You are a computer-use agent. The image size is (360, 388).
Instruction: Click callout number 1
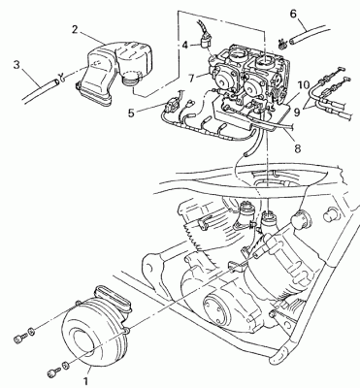[x=85, y=381]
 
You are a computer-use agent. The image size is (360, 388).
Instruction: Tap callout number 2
[x=75, y=29]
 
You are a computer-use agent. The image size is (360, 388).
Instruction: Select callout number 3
[x=16, y=64]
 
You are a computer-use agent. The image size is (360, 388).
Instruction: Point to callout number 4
[x=184, y=45]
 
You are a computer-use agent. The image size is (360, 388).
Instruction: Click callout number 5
[x=131, y=113]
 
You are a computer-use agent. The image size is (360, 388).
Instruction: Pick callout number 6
[x=293, y=14]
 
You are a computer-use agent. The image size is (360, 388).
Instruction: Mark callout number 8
[x=298, y=148]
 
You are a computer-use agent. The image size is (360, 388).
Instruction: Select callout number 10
[x=304, y=85]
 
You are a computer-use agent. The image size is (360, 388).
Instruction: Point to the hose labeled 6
[x=308, y=34]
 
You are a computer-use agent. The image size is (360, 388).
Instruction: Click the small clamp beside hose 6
[x=282, y=44]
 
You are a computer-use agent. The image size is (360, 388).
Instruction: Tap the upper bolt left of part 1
[x=23, y=335]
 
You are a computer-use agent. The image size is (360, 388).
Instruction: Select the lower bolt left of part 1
[x=59, y=370]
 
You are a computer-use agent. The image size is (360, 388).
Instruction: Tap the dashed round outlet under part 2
[x=133, y=78]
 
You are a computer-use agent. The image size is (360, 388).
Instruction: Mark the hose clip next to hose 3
[x=61, y=78]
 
